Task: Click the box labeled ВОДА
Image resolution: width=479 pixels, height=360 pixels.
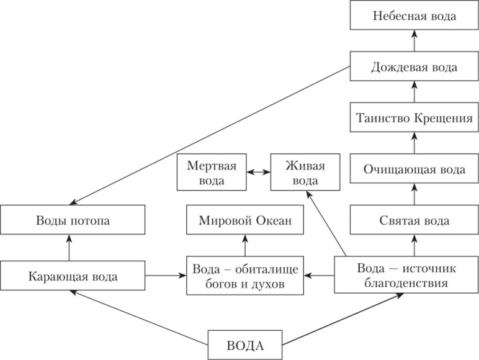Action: click(245, 344)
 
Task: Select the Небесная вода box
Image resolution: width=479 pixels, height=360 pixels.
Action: click(414, 16)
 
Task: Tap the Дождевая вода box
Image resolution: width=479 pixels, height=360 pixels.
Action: click(414, 66)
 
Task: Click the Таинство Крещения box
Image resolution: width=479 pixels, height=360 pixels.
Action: click(414, 117)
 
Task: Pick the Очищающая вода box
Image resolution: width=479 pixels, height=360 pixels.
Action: click(414, 168)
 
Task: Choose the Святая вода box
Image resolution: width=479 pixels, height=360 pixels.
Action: click(414, 220)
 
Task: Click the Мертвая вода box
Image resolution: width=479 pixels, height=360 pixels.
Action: click(212, 172)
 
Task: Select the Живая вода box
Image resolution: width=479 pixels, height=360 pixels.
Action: click(305, 172)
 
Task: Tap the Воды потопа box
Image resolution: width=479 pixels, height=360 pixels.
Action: click(73, 220)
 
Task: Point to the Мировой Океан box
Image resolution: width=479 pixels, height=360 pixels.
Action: click(245, 220)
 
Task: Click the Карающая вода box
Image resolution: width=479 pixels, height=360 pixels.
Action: click(73, 276)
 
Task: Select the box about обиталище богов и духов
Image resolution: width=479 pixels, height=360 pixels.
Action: click(245, 276)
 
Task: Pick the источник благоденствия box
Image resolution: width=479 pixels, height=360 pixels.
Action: click(406, 275)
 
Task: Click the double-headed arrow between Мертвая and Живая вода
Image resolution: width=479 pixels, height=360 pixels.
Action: click(259, 172)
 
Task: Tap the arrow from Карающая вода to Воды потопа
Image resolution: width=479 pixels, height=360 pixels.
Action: click(69, 248)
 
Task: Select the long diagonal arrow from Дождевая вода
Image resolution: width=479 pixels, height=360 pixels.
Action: click(210, 135)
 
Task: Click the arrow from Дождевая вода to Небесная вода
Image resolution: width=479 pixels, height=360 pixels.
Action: click(414, 40)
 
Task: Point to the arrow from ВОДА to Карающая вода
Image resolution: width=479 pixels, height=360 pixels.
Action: click(139, 318)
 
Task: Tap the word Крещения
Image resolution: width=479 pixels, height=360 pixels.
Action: click(443, 119)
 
